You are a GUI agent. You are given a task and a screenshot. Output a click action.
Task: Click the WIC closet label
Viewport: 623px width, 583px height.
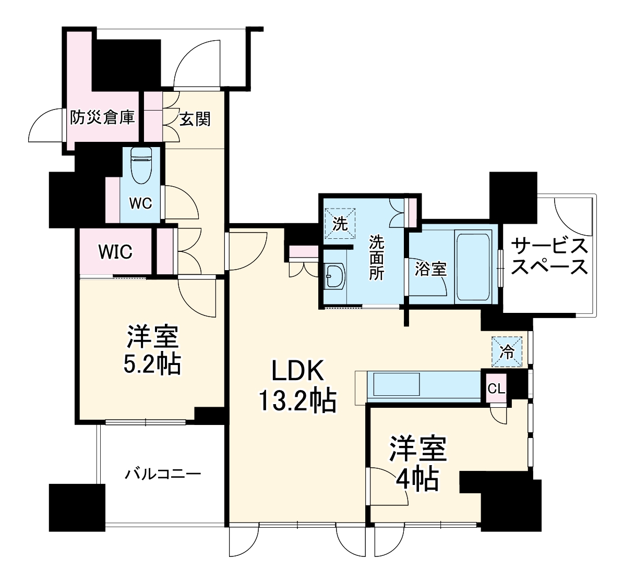[116, 252]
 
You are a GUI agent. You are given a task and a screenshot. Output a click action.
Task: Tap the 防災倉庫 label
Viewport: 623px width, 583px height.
[103, 118]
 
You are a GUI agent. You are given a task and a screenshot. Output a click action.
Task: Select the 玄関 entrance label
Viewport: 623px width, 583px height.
[195, 119]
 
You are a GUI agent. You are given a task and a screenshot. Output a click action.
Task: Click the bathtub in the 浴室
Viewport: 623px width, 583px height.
[473, 268]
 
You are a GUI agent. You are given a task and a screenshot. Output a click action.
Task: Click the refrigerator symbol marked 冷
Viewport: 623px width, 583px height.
[506, 351]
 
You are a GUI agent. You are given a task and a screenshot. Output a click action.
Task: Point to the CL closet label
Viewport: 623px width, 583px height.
[496, 388]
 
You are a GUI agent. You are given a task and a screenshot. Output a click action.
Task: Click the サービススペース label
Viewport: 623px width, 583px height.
[549, 256]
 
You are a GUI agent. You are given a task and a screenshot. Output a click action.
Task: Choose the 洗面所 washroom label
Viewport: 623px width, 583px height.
[377, 258]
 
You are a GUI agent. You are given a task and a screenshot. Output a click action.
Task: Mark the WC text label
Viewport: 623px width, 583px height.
[140, 203]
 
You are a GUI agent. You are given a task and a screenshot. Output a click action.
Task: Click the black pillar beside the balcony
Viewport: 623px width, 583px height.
[77, 507]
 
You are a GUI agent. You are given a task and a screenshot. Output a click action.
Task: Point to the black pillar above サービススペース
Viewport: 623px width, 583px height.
[513, 197]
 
